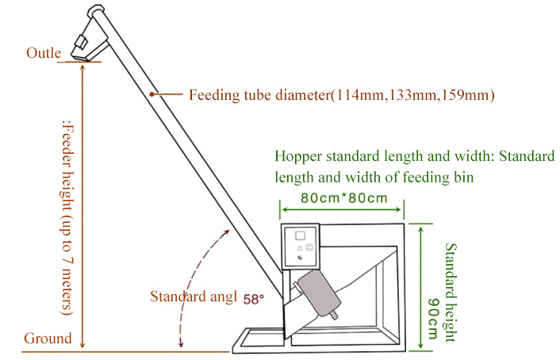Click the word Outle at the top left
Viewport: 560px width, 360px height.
coord(44,53)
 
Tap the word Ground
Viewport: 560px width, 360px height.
coord(48,339)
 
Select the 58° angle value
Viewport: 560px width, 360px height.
coord(253,299)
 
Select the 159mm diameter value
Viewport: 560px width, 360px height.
coord(468,95)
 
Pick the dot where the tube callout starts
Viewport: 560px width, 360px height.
coord(152,95)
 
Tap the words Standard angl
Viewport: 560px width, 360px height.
coord(194,297)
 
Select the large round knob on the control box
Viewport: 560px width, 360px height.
coord(309,247)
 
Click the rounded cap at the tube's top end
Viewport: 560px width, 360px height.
coord(97,11)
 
